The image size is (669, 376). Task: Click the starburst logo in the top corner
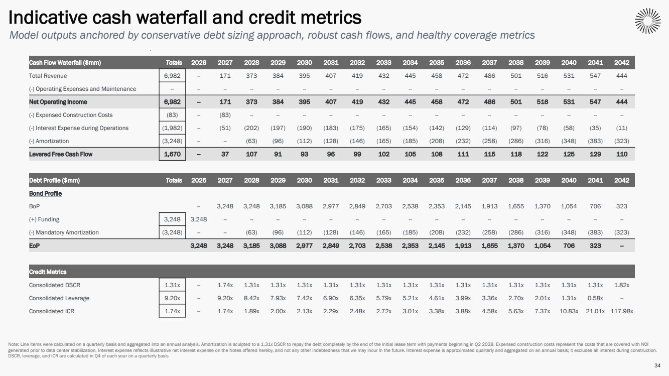point(647,21)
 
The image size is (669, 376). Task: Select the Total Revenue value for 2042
point(622,76)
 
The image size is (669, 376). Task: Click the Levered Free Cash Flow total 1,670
point(172,154)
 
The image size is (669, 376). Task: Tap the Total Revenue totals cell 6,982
point(172,76)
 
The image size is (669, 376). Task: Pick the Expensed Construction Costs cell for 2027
point(225,115)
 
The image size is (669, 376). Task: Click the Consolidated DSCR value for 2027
point(225,285)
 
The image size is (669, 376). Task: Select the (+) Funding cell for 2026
point(199,219)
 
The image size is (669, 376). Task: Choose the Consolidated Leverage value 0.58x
point(596,298)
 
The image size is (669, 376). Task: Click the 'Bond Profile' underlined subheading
point(45,193)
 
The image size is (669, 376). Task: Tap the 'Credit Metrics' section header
point(48,272)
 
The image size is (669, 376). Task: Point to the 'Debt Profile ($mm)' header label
point(54,180)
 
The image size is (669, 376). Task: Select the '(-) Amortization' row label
point(49,141)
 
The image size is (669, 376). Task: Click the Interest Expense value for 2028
point(251,128)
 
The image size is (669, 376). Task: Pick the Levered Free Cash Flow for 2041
point(596,154)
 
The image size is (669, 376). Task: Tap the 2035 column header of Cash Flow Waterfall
point(437,63)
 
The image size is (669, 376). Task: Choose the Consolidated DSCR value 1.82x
point(622,285)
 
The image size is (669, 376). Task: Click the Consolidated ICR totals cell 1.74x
point(172,311)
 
